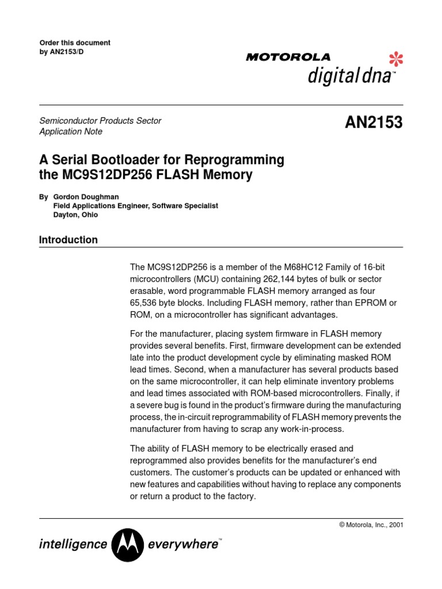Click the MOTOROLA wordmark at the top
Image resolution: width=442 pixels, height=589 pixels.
pyautogui.click(x=288, y=57)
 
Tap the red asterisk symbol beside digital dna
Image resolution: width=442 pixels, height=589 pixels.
pyautogui.click(x=396, y=59)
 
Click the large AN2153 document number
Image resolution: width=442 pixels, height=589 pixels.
pyautogui.click(x=374, y=123)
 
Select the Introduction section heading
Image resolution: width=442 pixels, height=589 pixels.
pyautogui.click(x=68, y=240)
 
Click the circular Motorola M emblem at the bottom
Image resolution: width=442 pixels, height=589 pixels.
pyautogui.click(x=127, y=544)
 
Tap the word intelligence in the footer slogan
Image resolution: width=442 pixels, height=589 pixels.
pyautogui.click(x=73, y=544)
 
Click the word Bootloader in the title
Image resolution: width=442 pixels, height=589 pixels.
pyautogui.click(x=132, y=159)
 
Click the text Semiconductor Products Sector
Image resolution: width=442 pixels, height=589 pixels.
pyautogui.click(x=100, y=121)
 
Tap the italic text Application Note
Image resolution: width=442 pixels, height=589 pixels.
pyautogui.click(x=71, y=132)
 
